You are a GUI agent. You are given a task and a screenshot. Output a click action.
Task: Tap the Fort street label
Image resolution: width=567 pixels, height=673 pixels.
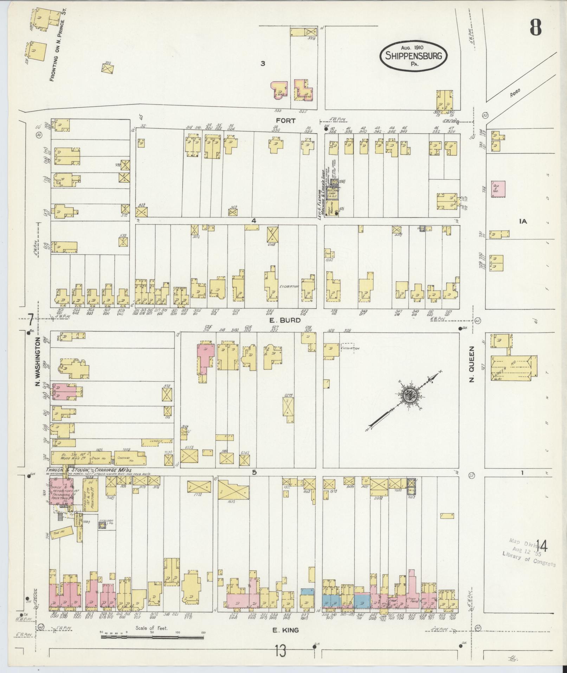coord(286,121)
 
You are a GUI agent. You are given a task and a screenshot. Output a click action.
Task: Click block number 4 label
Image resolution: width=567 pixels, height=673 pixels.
coord(253,221)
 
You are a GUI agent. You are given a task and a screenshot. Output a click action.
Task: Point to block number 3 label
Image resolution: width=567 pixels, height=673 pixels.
coord(262,64)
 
